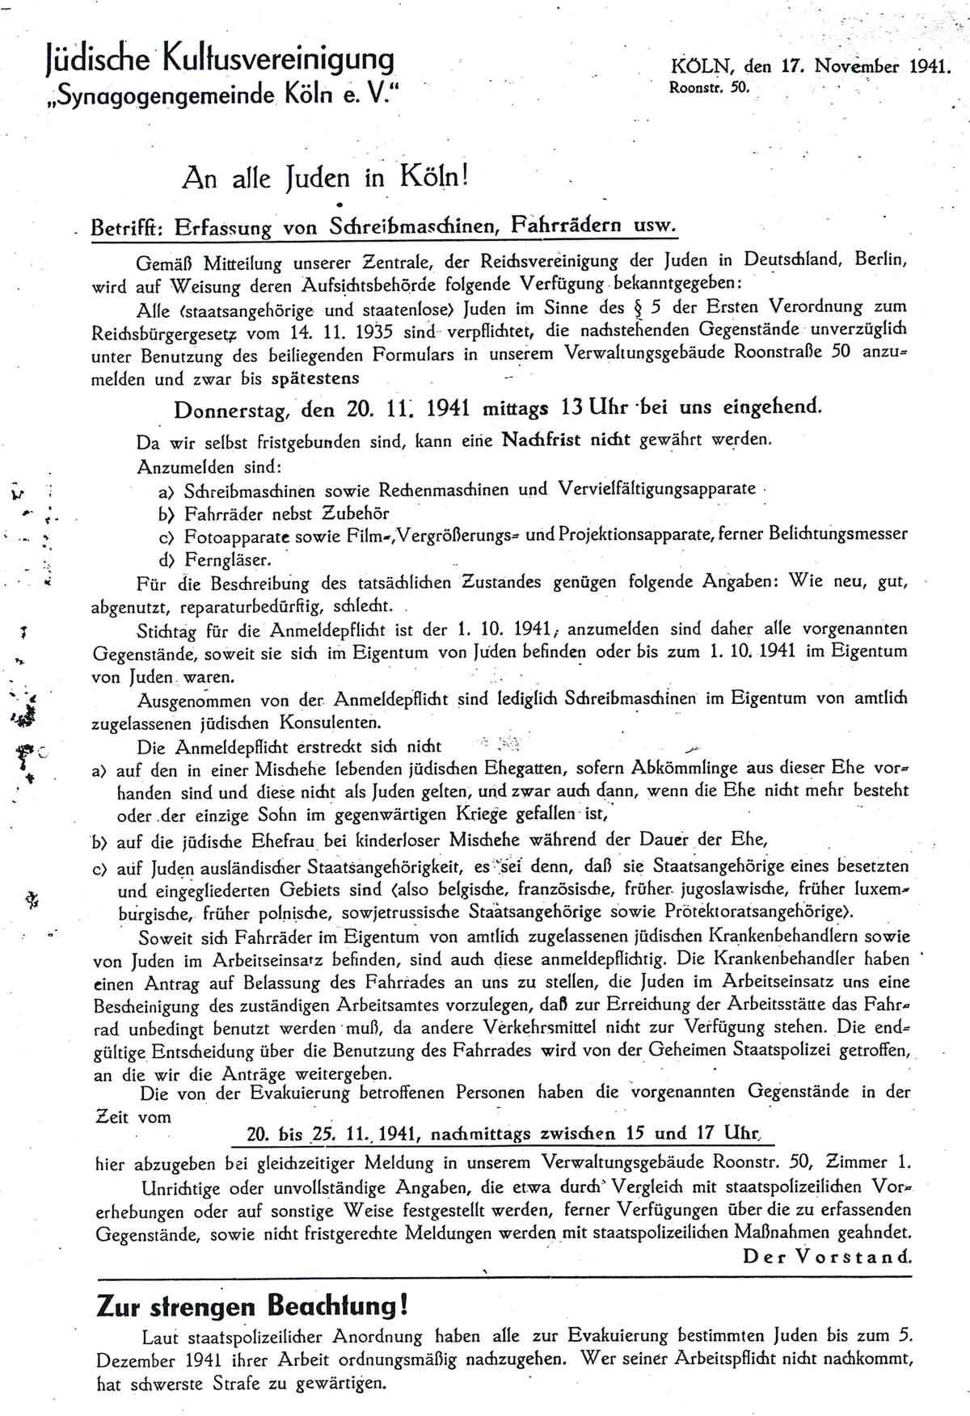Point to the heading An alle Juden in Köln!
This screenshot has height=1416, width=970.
pos(327,176)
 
